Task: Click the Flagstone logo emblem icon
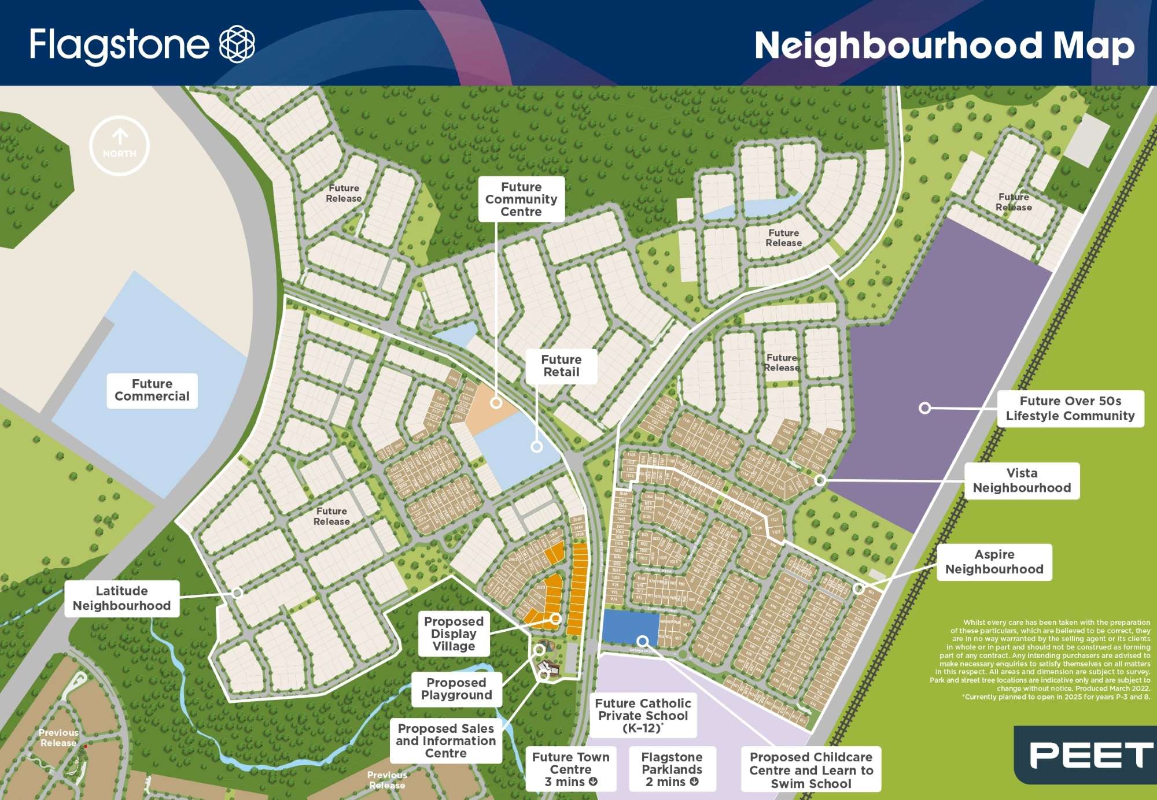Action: [x=237, y=44]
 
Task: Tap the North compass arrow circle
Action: [x=120, y=146]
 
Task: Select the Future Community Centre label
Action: [x=521, y=199]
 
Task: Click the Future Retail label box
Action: [x=561, y=366]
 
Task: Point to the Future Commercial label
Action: [x=152, y=390]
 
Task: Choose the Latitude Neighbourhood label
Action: [x=121, y=598]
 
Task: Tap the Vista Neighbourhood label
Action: [x=1022, y=480]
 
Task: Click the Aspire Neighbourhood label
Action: [x=994, y=562]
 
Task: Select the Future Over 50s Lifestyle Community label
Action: [x=1070, y=409]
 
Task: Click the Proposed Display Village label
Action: [x=454, y=634]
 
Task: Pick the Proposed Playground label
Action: [x=456, y=689]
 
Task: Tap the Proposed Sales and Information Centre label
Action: [x=445, y=741]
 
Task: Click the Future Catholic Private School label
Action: [x=643, y=716]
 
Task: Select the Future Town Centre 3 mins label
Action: [x=570, y=769]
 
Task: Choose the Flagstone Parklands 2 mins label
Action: [x=672, y=769]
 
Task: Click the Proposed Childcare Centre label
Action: [x=811, y=770]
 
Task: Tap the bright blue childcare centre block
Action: [x=629, y=627]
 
